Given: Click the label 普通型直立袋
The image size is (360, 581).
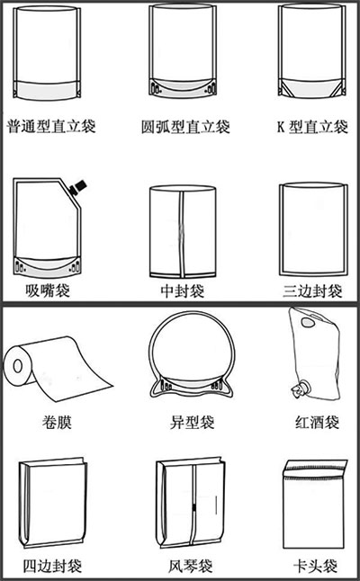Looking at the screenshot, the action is point(51,126).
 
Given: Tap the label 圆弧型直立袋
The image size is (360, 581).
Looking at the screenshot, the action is point(185,127).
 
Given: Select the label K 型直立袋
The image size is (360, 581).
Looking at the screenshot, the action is point(312,127).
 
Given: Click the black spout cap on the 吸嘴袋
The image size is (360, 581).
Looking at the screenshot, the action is point(78,187).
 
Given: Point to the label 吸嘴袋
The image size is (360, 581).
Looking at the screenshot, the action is point(48,290).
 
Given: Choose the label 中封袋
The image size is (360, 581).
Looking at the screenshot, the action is point(183,291).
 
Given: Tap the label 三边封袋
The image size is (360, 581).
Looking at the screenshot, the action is point(312,291).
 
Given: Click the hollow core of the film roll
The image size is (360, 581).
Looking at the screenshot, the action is point(17,366).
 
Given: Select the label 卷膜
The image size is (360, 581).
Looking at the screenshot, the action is point(57,422).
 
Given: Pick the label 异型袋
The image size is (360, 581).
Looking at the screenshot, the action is point(192,422).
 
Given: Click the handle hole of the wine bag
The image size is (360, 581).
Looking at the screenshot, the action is point(308,322).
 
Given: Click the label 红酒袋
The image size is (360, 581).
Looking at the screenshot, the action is point(318,422).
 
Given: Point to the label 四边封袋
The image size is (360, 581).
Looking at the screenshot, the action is point(52,566).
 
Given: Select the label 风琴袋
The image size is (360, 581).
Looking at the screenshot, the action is point(191,566).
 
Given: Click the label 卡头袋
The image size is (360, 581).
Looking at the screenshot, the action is point(316,566).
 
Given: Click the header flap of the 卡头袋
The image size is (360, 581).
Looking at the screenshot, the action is point(315,469).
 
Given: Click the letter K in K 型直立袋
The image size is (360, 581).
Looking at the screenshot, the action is point(281,127).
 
